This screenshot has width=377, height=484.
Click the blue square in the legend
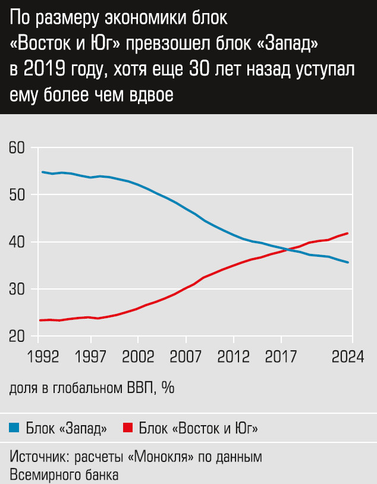click(15, 428)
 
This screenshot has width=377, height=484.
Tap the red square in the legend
click(127, 428)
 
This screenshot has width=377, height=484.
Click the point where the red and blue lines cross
click(285, 249)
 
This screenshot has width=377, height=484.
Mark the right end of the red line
click(347, 233)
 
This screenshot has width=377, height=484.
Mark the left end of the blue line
click(42, 172)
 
